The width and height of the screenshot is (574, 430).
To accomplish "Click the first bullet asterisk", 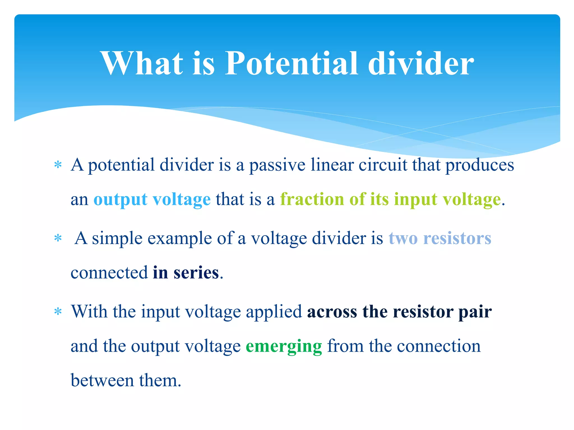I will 58,165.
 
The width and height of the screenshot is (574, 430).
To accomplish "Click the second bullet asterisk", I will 58,239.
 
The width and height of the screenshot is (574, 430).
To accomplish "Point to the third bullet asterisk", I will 58,312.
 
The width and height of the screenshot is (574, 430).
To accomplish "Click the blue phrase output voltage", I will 152,200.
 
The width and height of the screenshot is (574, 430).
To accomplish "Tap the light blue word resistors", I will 457,239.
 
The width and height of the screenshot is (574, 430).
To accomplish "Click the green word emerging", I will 284,347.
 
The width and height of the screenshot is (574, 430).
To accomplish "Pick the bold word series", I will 196,273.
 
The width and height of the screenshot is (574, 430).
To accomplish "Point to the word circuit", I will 383,165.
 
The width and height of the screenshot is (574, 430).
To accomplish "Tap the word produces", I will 480,165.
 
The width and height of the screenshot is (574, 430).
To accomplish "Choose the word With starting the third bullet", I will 89,311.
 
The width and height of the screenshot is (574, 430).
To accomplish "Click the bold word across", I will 332,312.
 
